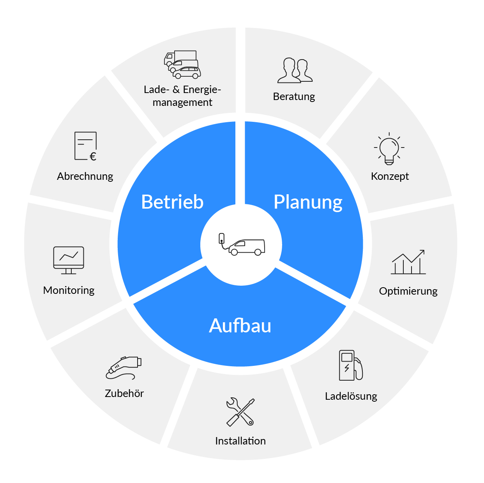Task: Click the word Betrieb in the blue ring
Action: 172,202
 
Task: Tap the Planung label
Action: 308,202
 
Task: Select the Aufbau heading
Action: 240,326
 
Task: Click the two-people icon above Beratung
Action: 295,70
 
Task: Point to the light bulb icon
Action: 389,149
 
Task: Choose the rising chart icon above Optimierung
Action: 408,262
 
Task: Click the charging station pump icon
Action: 350,365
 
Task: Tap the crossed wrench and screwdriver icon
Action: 240,412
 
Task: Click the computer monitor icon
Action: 69,260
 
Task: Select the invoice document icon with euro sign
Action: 86,146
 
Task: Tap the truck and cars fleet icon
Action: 182,65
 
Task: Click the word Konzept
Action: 390,176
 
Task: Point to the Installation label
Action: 240,441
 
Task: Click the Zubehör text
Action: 124,393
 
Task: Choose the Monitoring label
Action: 69,290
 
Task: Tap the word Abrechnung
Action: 85,176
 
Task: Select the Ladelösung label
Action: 351,396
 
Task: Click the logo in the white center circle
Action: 242,245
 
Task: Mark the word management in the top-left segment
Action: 182,102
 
